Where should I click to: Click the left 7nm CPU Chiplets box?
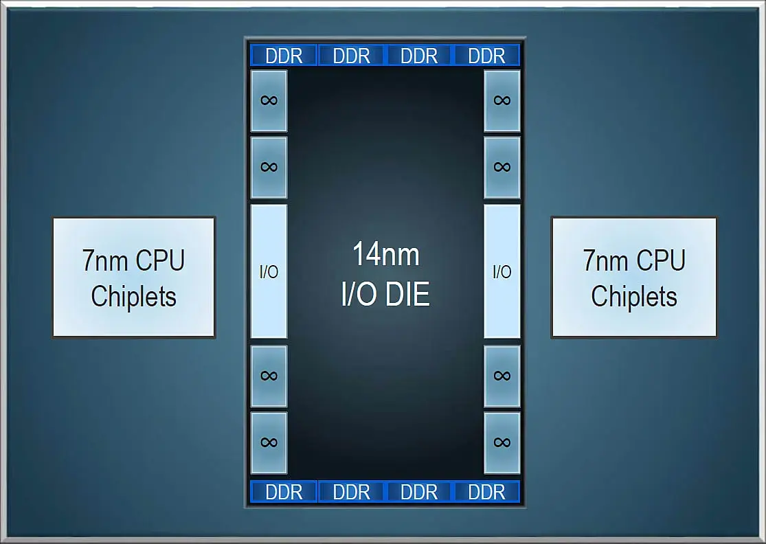point(134,277)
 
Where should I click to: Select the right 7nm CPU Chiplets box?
point(633,277)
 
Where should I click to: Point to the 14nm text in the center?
point(385,255)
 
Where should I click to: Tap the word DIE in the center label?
point(407,294)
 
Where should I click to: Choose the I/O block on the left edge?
point(269,271)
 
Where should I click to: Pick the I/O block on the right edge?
point(502,271)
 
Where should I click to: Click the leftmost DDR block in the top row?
point(284,56)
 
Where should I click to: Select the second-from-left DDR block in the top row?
point(352,56)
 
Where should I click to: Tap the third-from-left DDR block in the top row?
point(419,56)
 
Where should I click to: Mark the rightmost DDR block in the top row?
point(486,56)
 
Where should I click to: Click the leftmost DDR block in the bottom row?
point(284,492)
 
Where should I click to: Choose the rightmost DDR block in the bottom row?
point(486,492)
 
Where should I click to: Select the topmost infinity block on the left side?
point(269,100)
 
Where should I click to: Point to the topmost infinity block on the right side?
point(502,100)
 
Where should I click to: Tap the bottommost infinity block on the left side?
point(269,442)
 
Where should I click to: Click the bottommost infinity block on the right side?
point(502,442)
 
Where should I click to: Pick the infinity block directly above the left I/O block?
point(269,167)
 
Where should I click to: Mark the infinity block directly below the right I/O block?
point(502,376)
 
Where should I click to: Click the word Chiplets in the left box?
point(134,297)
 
